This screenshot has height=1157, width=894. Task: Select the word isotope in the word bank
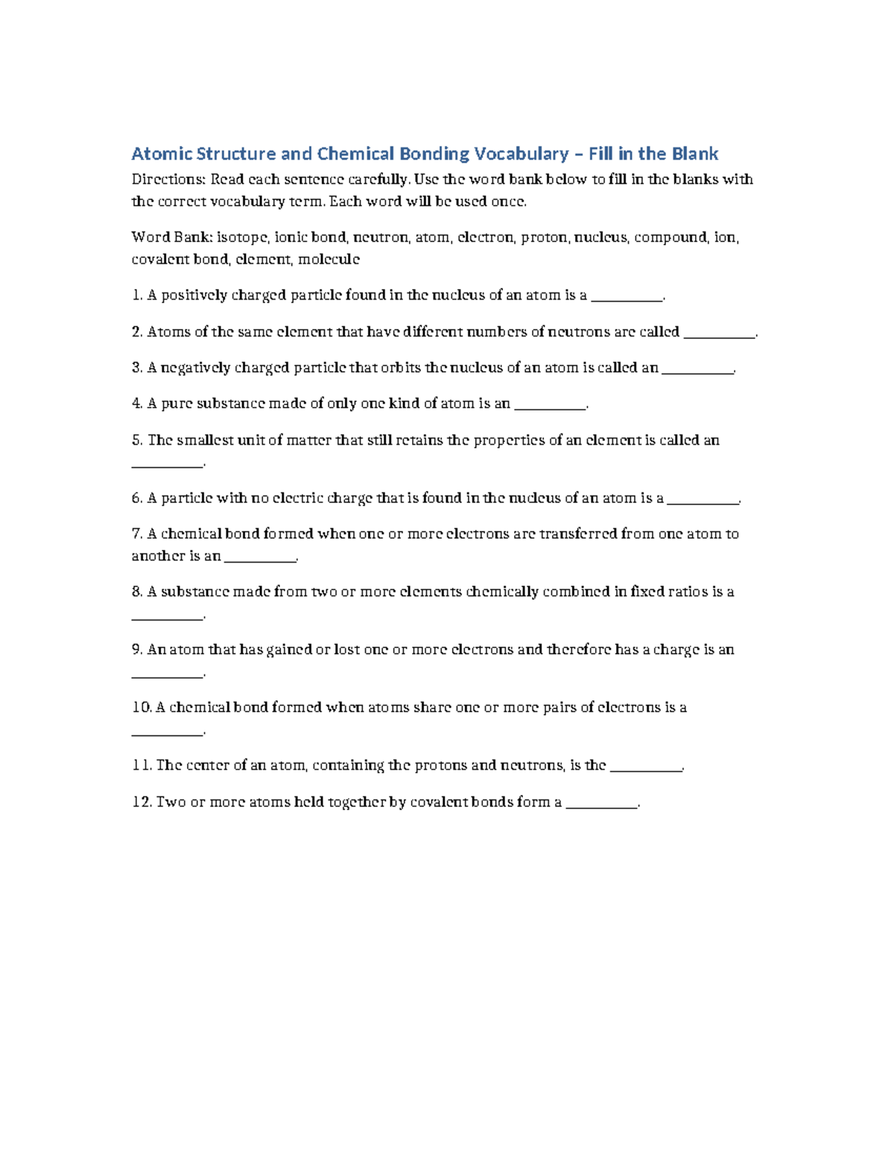241,238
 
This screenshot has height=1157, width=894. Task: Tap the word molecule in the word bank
329,259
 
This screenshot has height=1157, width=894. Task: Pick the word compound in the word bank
670,238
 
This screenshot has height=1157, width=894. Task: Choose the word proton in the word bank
544,238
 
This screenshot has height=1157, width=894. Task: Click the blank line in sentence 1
626,298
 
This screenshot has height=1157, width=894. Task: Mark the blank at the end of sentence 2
719,335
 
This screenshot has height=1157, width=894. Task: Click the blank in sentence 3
697,370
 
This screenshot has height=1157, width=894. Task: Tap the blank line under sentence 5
167,466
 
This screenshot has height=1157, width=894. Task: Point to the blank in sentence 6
703,501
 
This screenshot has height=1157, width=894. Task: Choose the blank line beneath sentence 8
167,618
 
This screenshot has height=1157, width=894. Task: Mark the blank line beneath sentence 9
167,676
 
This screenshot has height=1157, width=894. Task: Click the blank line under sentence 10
167,733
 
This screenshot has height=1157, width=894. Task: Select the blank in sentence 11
646,769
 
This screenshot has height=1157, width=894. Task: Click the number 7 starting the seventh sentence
136,534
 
